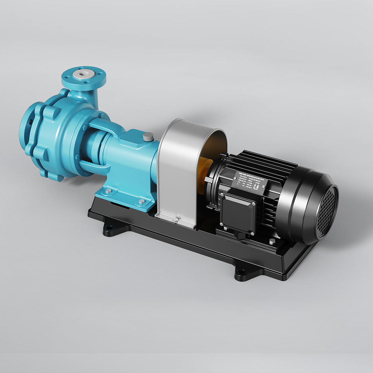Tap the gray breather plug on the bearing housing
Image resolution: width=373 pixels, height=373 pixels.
point(148,137)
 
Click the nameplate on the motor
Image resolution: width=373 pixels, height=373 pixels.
point(250,183)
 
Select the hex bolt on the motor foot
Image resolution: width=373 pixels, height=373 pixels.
point(272,243)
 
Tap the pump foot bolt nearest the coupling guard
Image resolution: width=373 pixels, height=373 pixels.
point(142,202)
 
